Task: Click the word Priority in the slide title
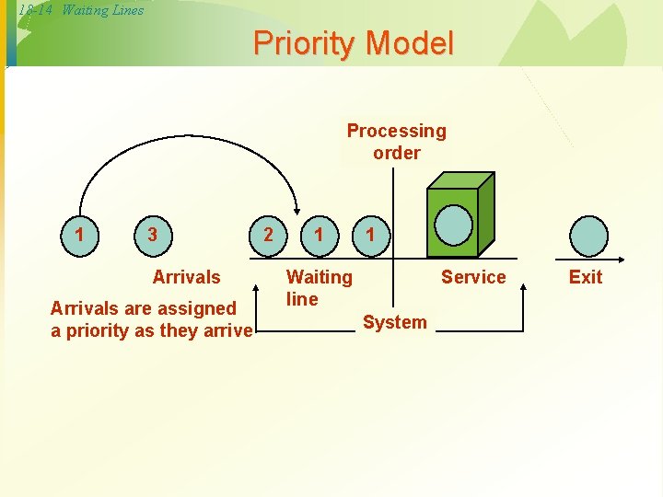tap(305, 43)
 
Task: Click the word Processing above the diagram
tap(396, 131)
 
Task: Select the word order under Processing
tap(397, 153)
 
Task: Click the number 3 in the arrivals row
tap(152, 235)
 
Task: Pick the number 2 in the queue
tap(268, 235)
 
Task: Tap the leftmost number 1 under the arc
tap(80, 235)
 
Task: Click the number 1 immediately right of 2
tap(319, 235)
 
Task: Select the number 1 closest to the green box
tap(370, 235)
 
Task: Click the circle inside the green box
tap(452, 224)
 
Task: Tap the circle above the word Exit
tap(588, 236)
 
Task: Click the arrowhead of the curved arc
tap(297, 208)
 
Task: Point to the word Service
tap(473, 277)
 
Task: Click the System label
tap(395, 322)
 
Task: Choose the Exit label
tap(586, 277)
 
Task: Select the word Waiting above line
tap(320, 277)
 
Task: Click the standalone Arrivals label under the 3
tap(187, 277)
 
